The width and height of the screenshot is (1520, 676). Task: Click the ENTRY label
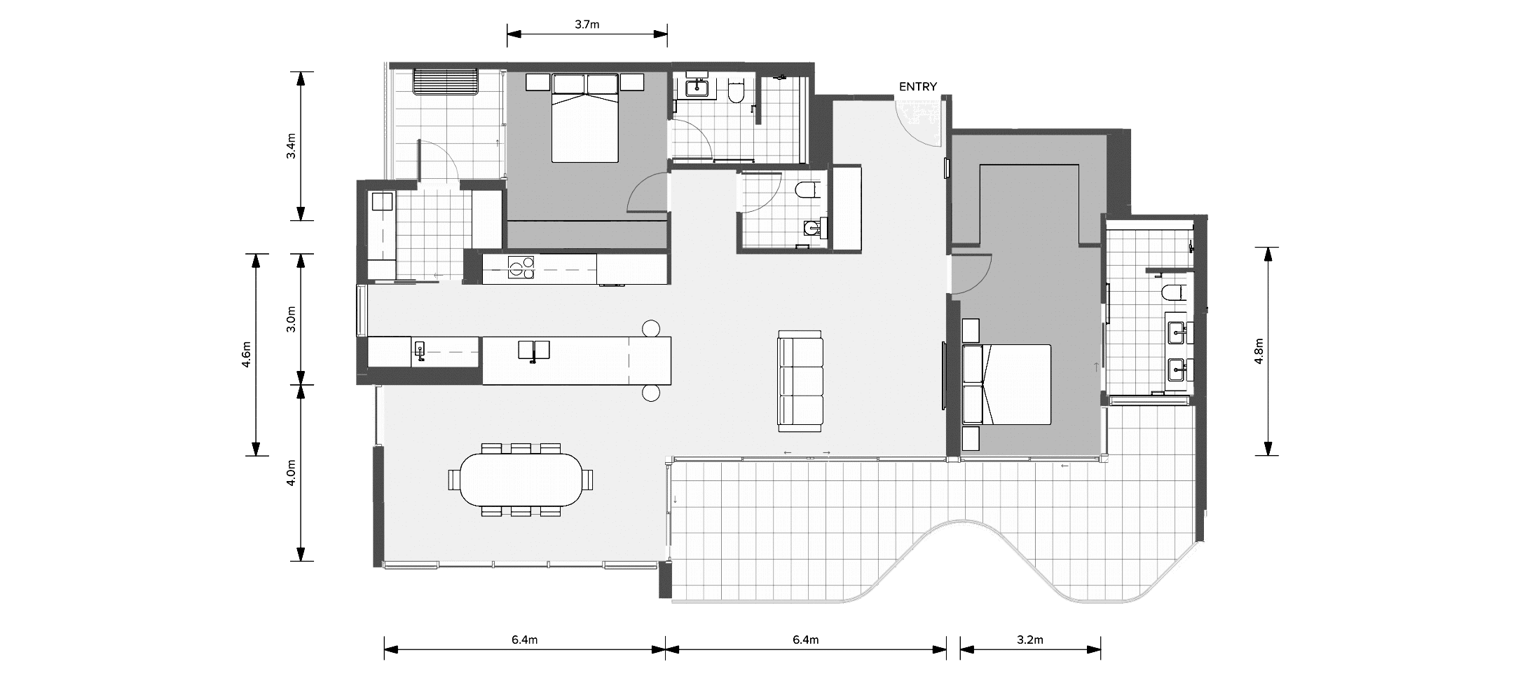pyautogui.click(x=917, y=87)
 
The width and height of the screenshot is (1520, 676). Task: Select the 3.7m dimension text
pyautogui.click(x=587, y=25)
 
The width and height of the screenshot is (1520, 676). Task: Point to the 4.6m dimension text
pyautogui.click(x=245, y=354)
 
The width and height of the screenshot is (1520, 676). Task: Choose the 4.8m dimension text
pyautogui.click(x=1259, y=351)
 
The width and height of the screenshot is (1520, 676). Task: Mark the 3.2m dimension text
pyautogui.click(x=1030, y=640)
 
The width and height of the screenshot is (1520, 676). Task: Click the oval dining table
pyautogui.click(x=521, y=480)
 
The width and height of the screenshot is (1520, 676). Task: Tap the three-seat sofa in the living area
pyautogui.click(x=800, y=381)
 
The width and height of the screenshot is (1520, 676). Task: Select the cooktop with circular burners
pyautogui.click(x=521, y=267)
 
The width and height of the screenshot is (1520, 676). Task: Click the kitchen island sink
pyautogui.click(x=533, y=349)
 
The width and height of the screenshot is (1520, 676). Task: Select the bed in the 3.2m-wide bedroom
pyautogui.click(x=1008, y=384)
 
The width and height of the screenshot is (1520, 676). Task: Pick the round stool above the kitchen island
pyautogui.click(x=651, y=328)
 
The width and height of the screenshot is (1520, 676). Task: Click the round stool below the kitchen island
pyautogui.click(x=651, y=393)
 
